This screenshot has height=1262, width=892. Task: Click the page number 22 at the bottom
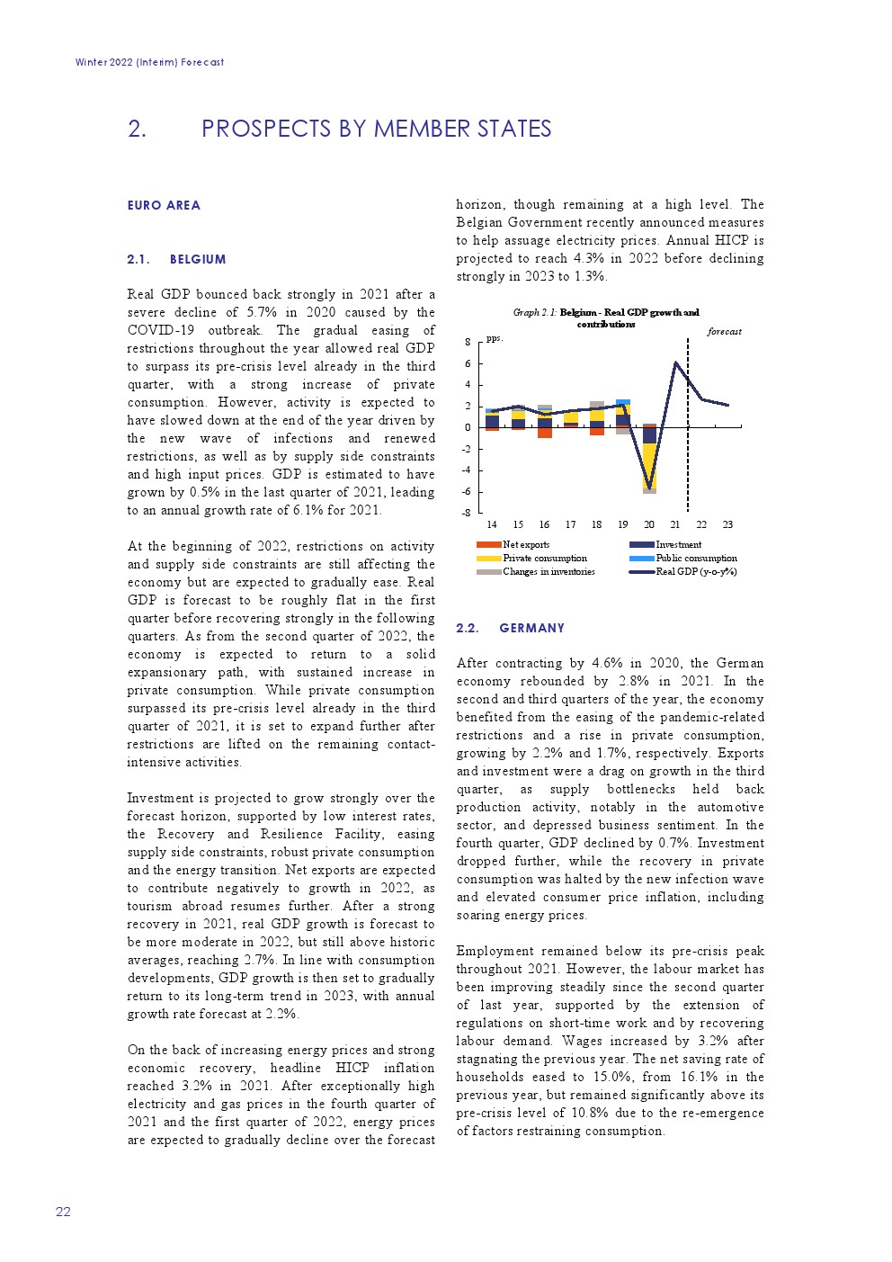63,1212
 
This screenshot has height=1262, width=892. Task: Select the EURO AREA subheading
164,205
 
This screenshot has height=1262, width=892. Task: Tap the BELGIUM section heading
197,259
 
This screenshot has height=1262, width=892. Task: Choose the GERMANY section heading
531,628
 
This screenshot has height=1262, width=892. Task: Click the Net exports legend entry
526,544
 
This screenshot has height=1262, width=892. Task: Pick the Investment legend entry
678,544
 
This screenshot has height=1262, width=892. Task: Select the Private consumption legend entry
544,558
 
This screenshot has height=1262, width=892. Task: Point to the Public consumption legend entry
696,558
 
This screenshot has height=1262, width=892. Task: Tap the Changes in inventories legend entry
549,571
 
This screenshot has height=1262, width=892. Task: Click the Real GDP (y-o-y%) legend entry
696,571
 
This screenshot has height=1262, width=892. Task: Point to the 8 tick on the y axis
468,342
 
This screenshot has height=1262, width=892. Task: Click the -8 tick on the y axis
466,513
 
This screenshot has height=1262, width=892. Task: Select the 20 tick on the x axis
649,524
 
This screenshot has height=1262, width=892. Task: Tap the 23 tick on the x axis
727,524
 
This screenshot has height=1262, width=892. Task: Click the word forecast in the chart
724,332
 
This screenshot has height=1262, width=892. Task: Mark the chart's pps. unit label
494,339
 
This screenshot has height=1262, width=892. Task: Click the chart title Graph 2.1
606,318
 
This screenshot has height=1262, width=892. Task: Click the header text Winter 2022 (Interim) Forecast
150,62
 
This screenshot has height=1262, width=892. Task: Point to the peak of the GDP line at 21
675,362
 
